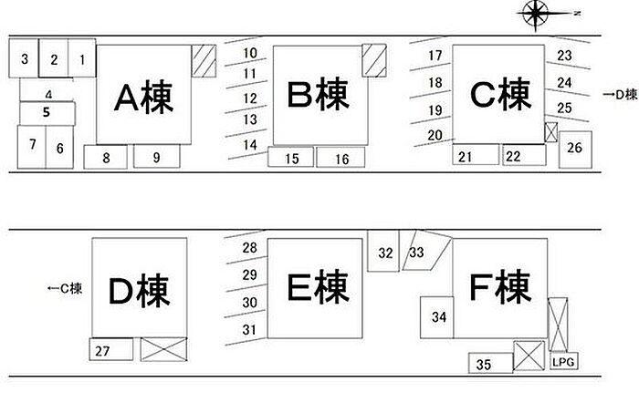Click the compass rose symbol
click(x=536, y=13)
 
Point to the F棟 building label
click(x=500, y=290)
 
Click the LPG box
click(x=563, y=362)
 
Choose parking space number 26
click(x=575, y=147)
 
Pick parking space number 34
click(x=439, y=317)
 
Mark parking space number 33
click(x=419, y=252)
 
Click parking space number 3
click(x=25, y=60)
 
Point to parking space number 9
click(x=157, y=158)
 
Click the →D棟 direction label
click(x=621, y=94)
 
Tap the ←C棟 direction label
click(x=65, y=290)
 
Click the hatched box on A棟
click(x=202, y=65)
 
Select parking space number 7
click(x=32, y=145)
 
